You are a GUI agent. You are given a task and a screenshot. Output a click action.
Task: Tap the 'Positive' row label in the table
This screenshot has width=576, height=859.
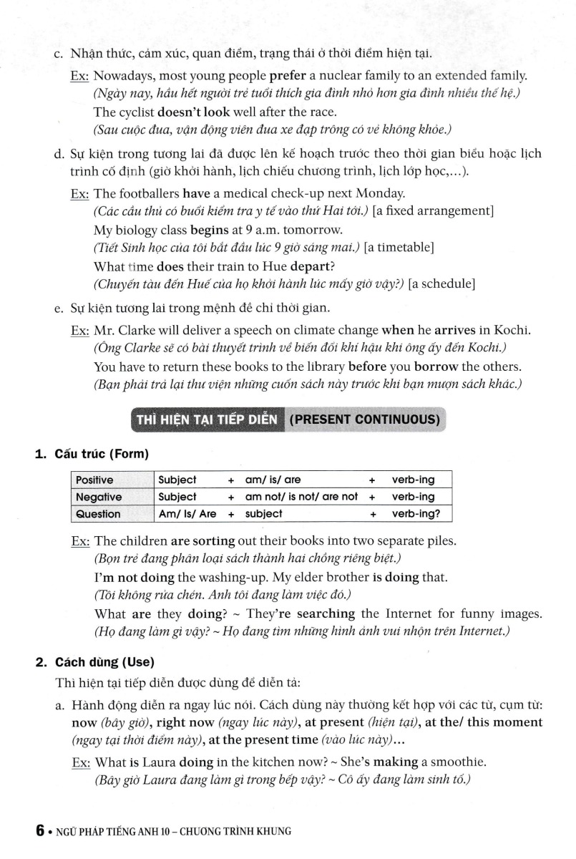click(94, 480)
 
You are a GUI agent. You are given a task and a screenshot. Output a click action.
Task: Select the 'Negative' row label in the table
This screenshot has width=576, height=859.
click(99, 497)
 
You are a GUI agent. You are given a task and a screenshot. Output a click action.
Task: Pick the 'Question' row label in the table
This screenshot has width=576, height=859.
click(98, 514)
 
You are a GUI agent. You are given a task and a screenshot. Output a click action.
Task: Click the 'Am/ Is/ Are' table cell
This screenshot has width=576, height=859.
click(187, 514)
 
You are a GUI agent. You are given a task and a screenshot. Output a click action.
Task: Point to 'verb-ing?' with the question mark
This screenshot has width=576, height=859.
click(416, 514)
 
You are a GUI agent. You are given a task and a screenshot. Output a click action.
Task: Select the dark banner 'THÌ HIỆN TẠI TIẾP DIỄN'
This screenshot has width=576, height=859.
click(207, 419)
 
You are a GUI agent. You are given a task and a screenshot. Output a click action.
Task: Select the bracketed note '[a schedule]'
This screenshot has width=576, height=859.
click(441, 284)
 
